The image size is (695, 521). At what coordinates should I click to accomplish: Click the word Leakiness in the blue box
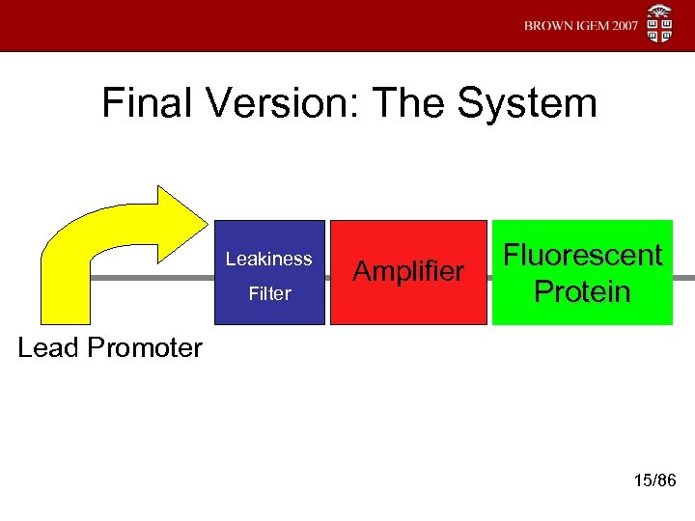point(268,259)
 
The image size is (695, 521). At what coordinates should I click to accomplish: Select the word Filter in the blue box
point(269,293)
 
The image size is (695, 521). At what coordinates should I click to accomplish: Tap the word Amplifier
point(408,272)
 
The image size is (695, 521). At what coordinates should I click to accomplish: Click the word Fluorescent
point(583,256)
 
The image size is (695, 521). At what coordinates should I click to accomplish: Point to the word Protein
point(582,291)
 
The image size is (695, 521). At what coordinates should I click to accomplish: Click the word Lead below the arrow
point(46,347)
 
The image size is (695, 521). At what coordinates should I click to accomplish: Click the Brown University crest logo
point(659,24)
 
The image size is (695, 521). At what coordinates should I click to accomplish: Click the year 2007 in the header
point(622,26)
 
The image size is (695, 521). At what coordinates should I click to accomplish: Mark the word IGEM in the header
point(589,26)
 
